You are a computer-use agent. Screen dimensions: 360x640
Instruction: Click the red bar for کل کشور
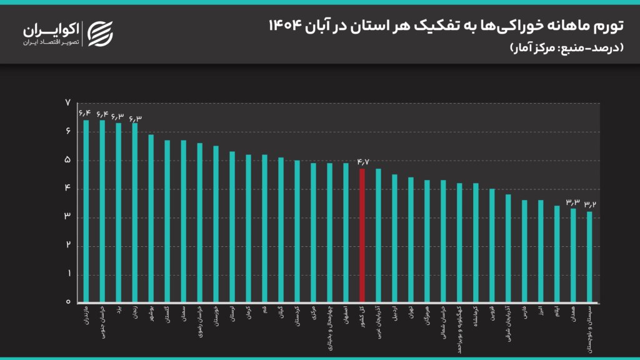(362, 235)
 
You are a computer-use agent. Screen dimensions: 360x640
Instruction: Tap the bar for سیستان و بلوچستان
(589, 256)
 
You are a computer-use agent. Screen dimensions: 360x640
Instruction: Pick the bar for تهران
(411, 239)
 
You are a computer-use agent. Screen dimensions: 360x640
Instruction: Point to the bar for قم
(264, 228)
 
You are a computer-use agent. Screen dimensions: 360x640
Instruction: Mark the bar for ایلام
(556, 253)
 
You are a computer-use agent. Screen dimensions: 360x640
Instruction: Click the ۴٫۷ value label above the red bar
(362, 162)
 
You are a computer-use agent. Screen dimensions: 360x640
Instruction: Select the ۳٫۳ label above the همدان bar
(572, 201)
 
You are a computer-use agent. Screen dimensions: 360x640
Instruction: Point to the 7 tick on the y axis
(67, 103)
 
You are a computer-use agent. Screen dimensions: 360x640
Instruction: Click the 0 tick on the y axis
(67, 302)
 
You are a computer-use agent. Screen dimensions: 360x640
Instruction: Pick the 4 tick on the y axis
(67, 189)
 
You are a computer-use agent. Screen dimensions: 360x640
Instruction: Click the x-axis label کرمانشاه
(475, 316)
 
